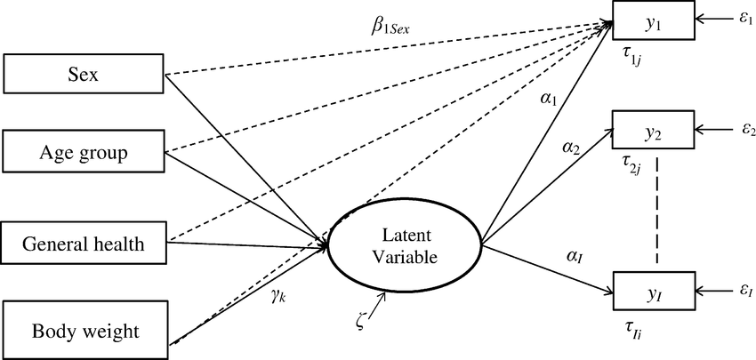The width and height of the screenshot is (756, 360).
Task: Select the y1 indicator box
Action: (x=651, y=24)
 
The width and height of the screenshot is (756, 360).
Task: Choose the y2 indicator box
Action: (x=651, y=133)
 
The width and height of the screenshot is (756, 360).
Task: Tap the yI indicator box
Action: (x=651, y=289)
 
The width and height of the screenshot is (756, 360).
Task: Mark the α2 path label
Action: (x=572, y=151)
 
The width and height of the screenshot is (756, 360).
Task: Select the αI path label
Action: (x=573, y=255)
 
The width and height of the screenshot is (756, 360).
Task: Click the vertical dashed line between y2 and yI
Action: (x=656, y=212)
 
